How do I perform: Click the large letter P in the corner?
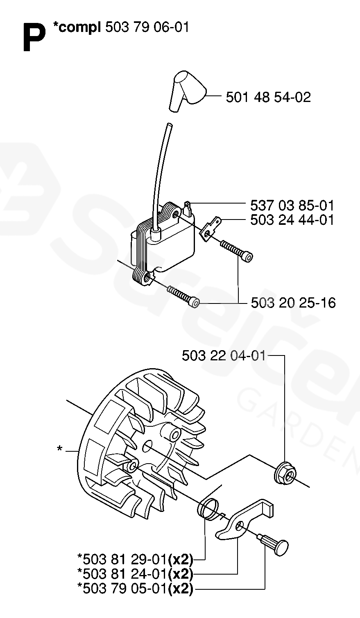pyautogui.click(x=34, y=37)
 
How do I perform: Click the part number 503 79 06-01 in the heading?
pyautogui.click(x=147, y=27)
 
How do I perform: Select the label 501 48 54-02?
pyautogui.click(x=268, y=97)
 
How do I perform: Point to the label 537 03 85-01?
pyautogui.click(x=292, y=206)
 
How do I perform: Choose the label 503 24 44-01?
pyautogui.click(x=292, y=220)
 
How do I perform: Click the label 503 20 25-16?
pyautogui.click(x=293, y=303)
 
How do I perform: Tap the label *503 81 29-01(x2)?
pyautogui.click(x=135, y=560)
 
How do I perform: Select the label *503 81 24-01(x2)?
pyautogui.click(x=135, y=574)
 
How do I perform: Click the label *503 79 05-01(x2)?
pyautogui.click(x=135, y=589)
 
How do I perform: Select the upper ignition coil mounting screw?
pyautogui.click(x=237, y=250)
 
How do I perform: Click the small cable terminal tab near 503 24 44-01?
pyautogui.click(x=210, y=229)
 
